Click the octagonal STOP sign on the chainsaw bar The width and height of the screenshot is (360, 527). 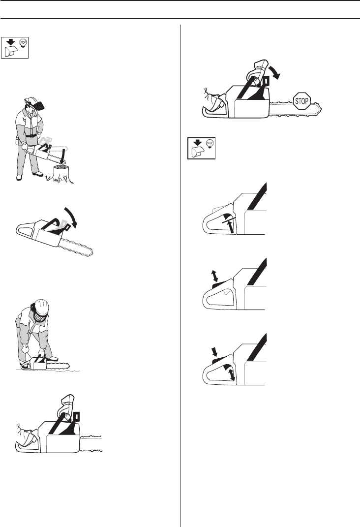pyautogui.click(x=301, y=100)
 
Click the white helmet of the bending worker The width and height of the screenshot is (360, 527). pyautogui.click(x=41, y=307)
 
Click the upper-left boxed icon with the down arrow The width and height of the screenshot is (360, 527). pyautogui.click(x=14, y=47)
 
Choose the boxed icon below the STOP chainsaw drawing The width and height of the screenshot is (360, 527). pyautogui.click(x=201, y=148)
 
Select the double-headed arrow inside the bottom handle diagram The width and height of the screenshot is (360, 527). pyautogui.click(x=231, y=374)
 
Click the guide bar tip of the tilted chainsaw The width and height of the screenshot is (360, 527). pyautogui.click(x=90, y=251)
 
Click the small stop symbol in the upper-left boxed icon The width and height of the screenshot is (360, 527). pyautogui.click(x=23, y=43)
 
